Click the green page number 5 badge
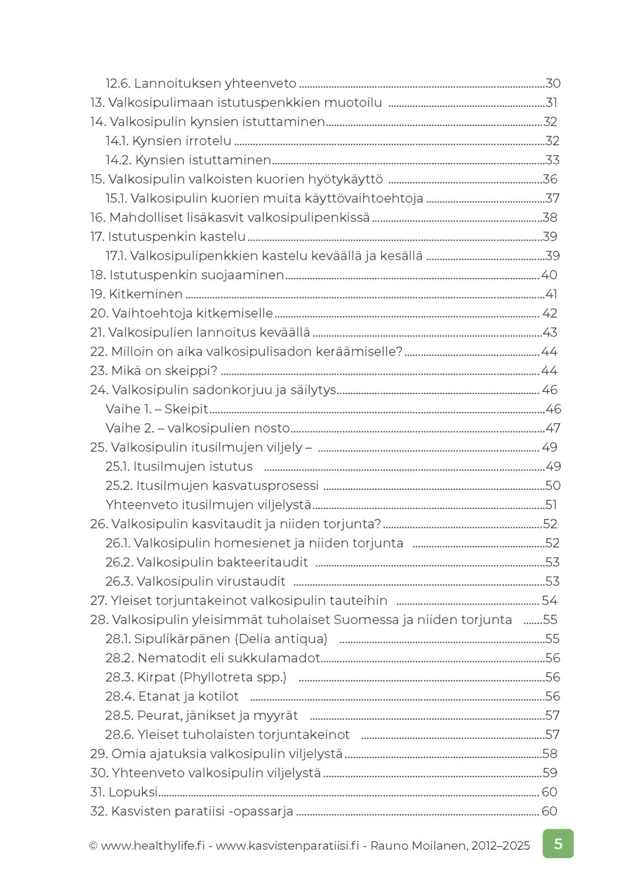click(557, 843)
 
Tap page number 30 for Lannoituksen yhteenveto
click(553, 83)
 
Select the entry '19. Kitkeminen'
click(137, 294)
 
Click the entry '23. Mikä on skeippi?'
click(153, 371)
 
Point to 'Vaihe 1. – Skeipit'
click(157, 409)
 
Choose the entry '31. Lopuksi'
click(124, 792)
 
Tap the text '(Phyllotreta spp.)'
click(233, 677)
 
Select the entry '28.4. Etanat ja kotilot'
click(172, 696)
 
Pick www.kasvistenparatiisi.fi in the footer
click(287, 846)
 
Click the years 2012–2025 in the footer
click(500, 846)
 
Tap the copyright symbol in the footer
click(93, 846)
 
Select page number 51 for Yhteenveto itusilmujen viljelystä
click(551, 505)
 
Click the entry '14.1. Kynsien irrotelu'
click(168, 141)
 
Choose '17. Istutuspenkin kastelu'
click(168, 236)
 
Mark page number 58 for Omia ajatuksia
click(550, 754)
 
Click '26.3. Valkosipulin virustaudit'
click(195, 581)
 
